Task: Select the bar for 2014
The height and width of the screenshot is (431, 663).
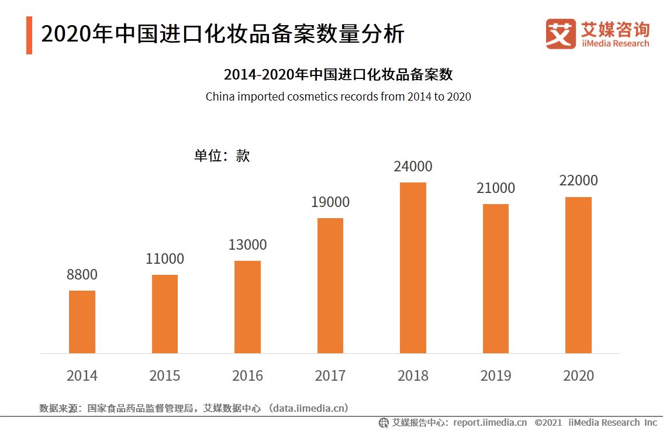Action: click(x=82, y=322)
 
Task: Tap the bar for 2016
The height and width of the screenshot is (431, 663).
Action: click(x=247, y=307)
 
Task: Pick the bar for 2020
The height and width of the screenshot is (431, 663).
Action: click(x=578, y=275)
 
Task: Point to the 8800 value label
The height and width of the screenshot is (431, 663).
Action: click(x=82, y=275)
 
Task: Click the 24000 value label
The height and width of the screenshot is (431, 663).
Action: click(x=413, y=167)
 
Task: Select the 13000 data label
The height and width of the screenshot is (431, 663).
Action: click(x=247, y=245)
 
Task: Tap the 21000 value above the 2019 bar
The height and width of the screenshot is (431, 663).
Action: click(x=496, y=188)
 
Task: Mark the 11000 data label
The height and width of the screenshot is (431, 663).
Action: click(x=165, y=259)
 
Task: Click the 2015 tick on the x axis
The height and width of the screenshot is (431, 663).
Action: click(x=165, y=375)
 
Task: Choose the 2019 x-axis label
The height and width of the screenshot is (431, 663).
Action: click(x=496, y=375)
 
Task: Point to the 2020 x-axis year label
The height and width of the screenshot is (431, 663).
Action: click(x=578, y=375)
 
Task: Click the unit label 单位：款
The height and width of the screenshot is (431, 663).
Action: click(x=222, y=156)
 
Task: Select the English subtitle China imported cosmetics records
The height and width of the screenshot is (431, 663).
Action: click(x=338, y=96)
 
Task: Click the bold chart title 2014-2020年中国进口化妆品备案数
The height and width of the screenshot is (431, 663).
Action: click(x=338, y=75)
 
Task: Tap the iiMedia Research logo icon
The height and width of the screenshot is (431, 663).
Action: click(x=560, y=33)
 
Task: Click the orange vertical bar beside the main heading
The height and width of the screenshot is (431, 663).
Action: click(x=29, y=35)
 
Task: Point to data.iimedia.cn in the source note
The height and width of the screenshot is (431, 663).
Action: click(x=308, y=408)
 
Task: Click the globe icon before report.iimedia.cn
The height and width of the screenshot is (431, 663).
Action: click(x=384, y=422)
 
